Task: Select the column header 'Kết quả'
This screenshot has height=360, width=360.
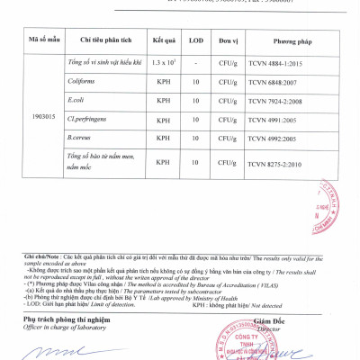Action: click(164, 41)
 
